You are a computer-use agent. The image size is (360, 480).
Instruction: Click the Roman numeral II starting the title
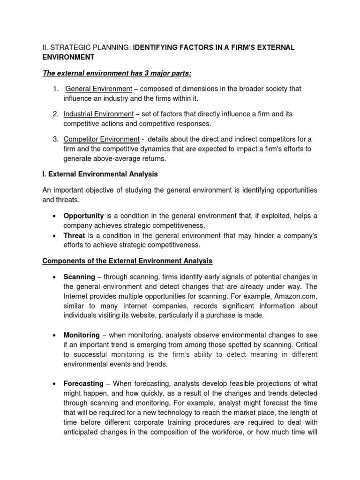click(45, 48)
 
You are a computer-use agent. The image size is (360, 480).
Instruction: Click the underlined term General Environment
click(99, 89)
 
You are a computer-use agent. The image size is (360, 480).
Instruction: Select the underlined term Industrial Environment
click(99, 114)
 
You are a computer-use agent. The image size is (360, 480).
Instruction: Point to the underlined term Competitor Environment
click(101, 139)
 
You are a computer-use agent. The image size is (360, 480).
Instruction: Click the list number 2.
click(55, 114)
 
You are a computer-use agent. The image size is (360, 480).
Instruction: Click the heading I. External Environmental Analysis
click(100, 174)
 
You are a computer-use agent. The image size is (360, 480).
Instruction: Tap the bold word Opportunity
click(83, 216)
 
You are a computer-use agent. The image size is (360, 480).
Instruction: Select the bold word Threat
click(75, 236)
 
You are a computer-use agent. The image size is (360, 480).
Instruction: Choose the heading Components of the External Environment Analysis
click(127, 260)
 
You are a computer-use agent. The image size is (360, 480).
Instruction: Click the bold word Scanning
click(79, 277)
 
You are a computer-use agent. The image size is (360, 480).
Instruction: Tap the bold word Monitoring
click(82, 335)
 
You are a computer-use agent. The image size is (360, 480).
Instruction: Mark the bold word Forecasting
click(83, 383)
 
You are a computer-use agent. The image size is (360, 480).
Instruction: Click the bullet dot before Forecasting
click(55, 384)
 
